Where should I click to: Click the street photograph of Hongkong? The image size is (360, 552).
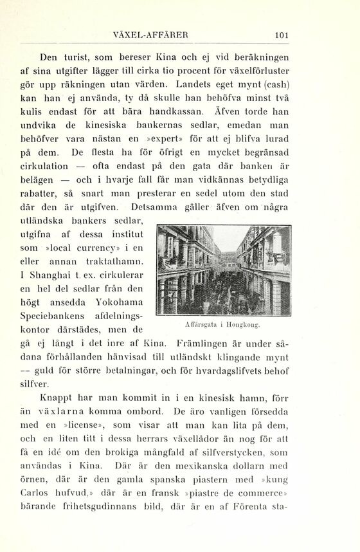coord(224,270)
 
